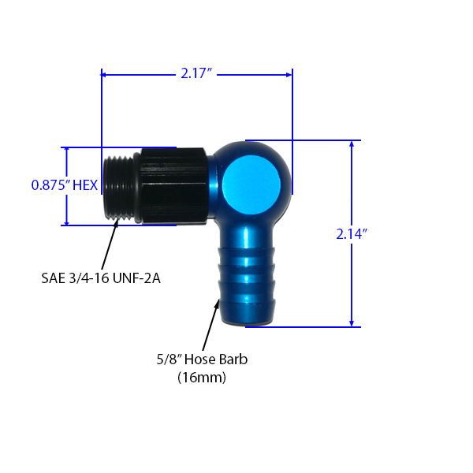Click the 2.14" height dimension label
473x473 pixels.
tap(351, 233)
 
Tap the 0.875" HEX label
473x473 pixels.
tap(64, 185)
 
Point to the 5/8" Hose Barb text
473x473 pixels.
tap(202, 360)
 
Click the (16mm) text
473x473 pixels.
tap(202, 378)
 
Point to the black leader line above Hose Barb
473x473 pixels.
tap(207, 339)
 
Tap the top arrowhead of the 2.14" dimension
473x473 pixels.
tap(351, 145)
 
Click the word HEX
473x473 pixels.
tap(84, 185)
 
